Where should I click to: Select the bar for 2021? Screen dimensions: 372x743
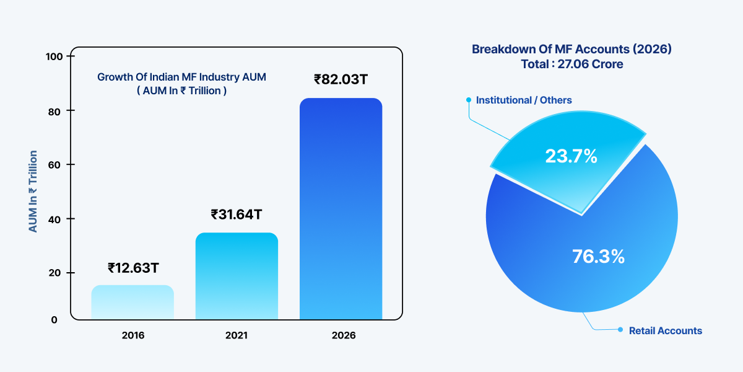(237, 276)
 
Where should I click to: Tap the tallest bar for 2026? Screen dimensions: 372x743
(341, 208)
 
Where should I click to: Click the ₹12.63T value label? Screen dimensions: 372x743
(133, 268)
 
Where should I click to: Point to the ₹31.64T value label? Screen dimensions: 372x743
(237, 215)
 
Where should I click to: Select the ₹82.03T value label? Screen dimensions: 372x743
(341, 79)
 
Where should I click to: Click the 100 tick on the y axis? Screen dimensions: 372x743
(55, 56)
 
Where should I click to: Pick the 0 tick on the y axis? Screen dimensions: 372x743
(54, 320)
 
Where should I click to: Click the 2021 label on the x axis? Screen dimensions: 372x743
(237, 335)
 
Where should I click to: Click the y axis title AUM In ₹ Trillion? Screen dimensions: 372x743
(33, 192)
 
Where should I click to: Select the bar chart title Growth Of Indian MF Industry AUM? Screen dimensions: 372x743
(186, 77)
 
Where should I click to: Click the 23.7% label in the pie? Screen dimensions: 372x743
(571, 157)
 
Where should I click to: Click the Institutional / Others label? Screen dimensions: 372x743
(523, 100)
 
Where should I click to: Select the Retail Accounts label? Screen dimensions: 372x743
(665, 330)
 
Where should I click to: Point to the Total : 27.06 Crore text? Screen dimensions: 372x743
(571, 64)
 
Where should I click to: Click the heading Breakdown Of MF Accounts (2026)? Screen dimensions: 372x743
(571, 49)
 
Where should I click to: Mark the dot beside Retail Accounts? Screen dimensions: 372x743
(620, 330)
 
